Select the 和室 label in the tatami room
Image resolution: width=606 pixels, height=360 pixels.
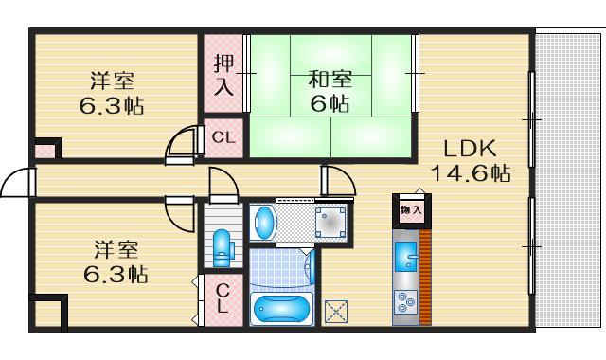330,80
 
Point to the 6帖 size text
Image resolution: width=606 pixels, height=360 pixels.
330,103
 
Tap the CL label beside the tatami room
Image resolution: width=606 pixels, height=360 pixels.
223,137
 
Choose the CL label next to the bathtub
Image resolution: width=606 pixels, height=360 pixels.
223,299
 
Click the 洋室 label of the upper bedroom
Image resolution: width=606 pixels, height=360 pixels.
112,80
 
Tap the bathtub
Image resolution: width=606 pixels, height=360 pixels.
281,308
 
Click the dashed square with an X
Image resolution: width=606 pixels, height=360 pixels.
336,310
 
